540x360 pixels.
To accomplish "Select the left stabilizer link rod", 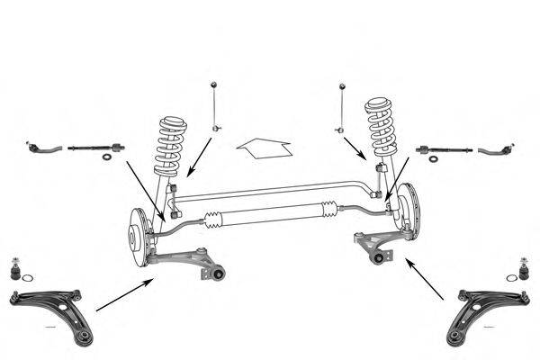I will pos(215,108).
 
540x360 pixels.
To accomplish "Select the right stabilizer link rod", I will pos(342,109).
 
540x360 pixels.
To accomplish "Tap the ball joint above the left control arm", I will pos(15,268).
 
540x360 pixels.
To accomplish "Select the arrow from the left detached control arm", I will pos(122,295).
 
